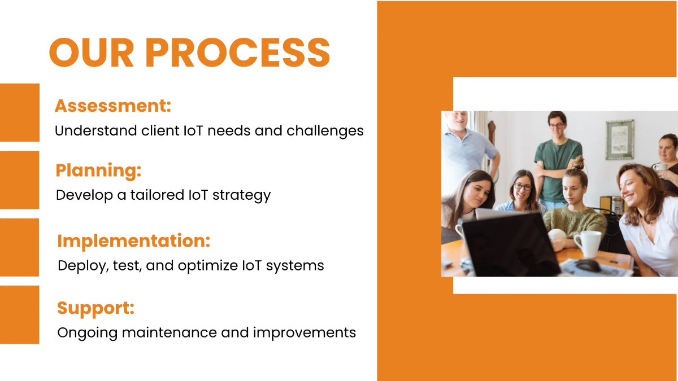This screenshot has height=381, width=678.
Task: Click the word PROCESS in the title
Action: pyautogui.click(x=237, y=53)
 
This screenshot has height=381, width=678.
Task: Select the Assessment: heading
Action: pyautogui.click(x=112, y=106)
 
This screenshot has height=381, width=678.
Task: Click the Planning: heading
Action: pyautogui.click(x=98, y=170)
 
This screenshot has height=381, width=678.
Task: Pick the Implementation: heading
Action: pyautogui.click(x=133, y=241)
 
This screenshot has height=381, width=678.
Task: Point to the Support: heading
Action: pyautogui.click(x=95, y=308)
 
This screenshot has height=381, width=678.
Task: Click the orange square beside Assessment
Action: pyautogui.click(x=19, y=112)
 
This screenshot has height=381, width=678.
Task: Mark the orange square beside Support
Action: pyautogui.click(x=19, y=314)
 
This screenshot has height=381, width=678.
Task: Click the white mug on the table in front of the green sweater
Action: pyautogui.click(x=588, y=243)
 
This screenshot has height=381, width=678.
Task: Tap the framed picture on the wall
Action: pyautogui.click(x=620, y=139)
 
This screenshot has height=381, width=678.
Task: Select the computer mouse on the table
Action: pyautogui.click(x=588, y=265)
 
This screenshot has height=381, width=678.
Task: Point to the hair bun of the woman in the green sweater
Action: pyautogui.click(x=577, y=164)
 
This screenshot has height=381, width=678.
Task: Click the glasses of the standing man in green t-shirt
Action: pyautogui.click(x=557, y=126)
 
